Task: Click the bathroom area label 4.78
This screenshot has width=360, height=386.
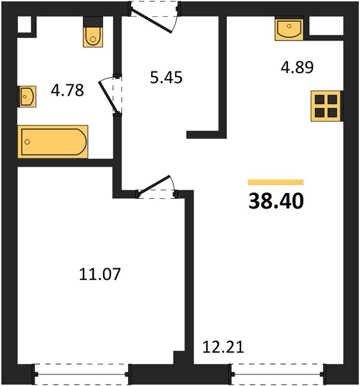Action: (67, 90)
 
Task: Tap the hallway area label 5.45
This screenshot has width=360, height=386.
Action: (166, 77)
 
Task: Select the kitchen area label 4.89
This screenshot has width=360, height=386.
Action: (297, 67)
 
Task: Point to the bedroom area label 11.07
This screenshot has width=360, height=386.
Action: (100, 274)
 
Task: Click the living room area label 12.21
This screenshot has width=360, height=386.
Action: (223, 347)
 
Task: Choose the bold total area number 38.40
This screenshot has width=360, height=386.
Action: (276, 201)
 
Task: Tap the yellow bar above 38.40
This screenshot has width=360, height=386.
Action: (276, 182)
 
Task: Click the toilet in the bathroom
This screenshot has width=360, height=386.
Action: (93, 32)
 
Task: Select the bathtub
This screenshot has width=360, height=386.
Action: (53, 142)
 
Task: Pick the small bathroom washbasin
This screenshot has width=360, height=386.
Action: (27, 96)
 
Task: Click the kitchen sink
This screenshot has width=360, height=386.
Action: (289, 28)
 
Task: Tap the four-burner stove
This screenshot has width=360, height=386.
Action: (327, 106)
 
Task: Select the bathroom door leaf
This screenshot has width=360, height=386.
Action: (108, 96)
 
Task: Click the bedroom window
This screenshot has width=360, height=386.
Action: (81, 374)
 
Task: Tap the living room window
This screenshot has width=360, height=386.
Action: (278, 374)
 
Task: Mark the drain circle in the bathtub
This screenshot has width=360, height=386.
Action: (27, 142)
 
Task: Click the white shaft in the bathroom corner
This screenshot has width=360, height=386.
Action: (24, 24)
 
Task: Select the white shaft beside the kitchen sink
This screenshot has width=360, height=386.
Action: (326, 26)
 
